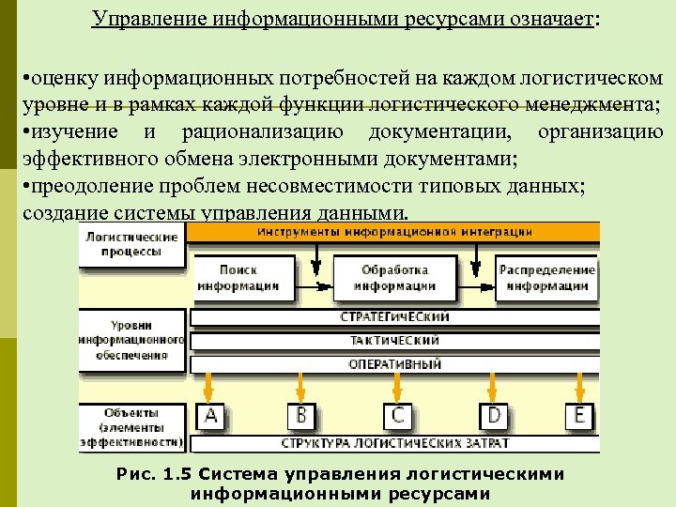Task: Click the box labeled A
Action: (x=210, y=415)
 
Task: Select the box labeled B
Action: (x=301, y=415)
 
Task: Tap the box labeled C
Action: (x=398, y=415)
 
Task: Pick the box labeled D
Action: (x=494, y=415)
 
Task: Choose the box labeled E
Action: (x=577, y=415)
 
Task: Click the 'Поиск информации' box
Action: (x=238, y=278)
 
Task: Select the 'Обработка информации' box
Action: (x=396, y=278)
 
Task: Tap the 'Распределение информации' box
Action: (x=547, y=278)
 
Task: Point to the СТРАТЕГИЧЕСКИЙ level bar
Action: (x=394, y=317)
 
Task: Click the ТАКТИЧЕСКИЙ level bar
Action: (x=394, y=340)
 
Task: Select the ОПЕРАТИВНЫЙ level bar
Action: (x=394, y=363)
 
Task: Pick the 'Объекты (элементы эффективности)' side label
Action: (x=131, y=426)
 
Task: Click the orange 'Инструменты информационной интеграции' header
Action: (x=394, y=231)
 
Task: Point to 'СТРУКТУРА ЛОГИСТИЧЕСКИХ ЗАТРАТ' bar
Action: (x=394, y=441)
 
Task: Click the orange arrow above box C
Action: (x=398, y=386)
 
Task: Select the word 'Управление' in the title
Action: (x=155, y=20)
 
